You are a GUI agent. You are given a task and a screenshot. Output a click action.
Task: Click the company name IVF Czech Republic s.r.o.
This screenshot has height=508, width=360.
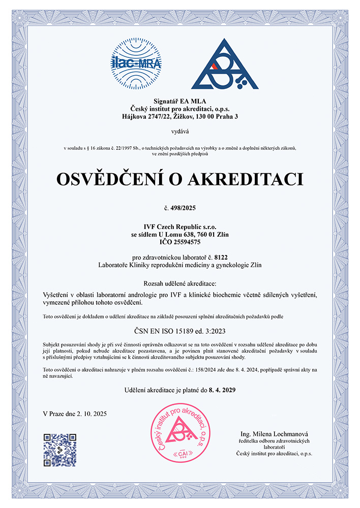(x=180, y=227)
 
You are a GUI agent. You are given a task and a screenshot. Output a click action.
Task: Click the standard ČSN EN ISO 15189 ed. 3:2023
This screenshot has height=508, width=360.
(x=180, y=331)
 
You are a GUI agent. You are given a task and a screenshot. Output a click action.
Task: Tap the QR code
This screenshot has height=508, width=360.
(x=60, y=450)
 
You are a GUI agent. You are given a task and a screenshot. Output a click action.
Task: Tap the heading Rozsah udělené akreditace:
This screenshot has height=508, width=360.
(x=180, y=282)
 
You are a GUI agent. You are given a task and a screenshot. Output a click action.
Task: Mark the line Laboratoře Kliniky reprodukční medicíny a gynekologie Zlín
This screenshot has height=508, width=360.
(x=180, y=265)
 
